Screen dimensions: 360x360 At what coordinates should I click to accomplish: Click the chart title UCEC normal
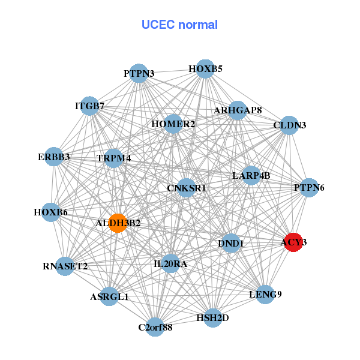[179, 25]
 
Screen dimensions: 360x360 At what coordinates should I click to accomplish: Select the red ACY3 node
[293, 242]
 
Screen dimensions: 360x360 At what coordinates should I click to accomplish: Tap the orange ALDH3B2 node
[118, 223]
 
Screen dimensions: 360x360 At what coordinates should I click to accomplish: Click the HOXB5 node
[205, 69]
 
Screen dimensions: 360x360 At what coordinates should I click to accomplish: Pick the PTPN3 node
[139, 74]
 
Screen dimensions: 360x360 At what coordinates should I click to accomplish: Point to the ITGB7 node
[89, 106]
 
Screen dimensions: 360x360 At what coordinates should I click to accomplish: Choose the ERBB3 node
[54, 157]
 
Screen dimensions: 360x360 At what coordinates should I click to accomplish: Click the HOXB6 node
[50, 212]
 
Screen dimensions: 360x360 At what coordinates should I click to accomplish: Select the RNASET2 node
[65, 266]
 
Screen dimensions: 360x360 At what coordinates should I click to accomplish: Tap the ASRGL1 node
[109, 296]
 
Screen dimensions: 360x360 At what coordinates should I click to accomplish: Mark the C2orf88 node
[155, 327]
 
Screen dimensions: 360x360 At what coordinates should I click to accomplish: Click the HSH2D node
[212, 317]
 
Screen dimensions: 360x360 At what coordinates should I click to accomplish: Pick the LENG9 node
[265, 294]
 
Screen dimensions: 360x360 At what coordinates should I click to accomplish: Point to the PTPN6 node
[309, 188]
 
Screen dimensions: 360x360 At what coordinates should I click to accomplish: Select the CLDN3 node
[289, 125]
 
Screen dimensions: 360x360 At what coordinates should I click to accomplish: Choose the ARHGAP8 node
[238, 110]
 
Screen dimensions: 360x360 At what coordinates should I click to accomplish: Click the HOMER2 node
[173, 124]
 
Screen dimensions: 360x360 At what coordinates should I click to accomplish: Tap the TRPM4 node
[113, 158]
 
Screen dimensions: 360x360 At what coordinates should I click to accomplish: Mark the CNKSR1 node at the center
[186, 188]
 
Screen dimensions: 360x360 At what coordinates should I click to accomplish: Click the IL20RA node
[170, 263]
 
